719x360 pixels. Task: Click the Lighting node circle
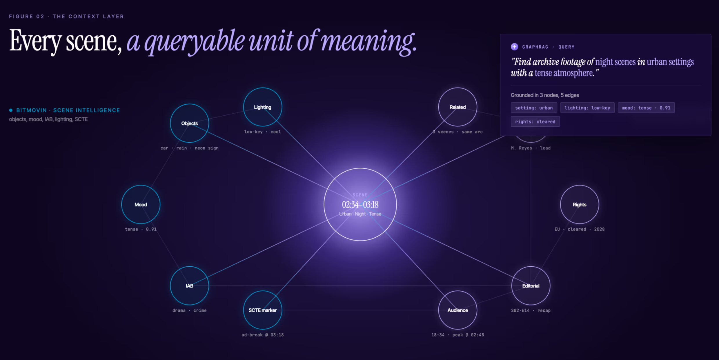pyautogui.click(x=262, y=107)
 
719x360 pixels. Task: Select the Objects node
pyautogui.click(x=189, y=123)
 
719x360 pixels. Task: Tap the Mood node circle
pyautogui.click(x=141, y=204)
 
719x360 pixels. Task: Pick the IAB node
pyautogui.click(x=189, y=286)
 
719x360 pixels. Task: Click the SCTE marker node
pyautogui.click(x=262, y=310)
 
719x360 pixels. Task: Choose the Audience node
pyautogui.click(x=457, y=310)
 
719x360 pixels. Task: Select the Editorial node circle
pyautogui.click(x=531, y=286)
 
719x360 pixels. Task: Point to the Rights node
pyautogui.click(x=579, y=204)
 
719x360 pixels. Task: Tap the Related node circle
pyautogui.click(x=457, y=107)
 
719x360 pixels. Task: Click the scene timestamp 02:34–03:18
pyautogui.click(x=360, y=205)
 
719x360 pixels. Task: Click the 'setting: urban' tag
pyautogui.click(x=534, y=108)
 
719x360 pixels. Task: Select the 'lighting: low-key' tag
pyautogui.click(x=587, y=108)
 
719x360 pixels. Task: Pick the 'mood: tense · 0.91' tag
pyautogui.click(x=646, y=108)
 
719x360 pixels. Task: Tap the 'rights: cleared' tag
pyautogui.click(x=535, y=121)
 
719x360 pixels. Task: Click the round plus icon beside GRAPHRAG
pyautogui.click(x=514, y=47)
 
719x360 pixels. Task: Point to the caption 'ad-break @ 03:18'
pyautogui.click(x=262, y=335)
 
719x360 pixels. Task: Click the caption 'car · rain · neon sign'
pyautogui.click(x=189, y=148)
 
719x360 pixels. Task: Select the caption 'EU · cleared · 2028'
pyautogui.click(x=579, y=229)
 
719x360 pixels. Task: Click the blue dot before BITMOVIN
pyautogui.click(x=11, y=110)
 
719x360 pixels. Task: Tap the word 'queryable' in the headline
pyautogui.click(x=195, y=42)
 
